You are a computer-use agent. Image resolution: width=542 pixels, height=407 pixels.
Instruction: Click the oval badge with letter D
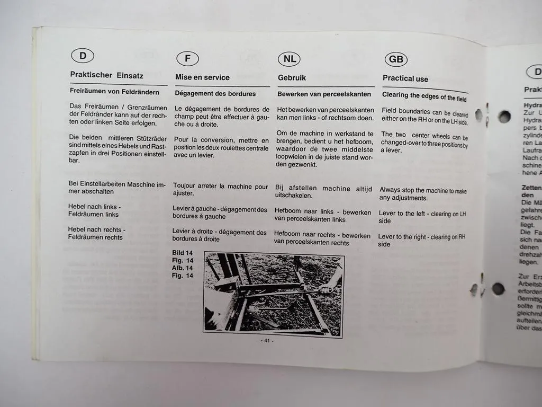point(82,56)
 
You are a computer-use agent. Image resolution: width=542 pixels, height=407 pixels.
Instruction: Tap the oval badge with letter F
point(187,58)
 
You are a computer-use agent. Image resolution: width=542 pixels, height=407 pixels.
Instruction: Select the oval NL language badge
point(289,59)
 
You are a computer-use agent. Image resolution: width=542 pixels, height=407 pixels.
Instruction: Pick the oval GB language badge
point(395,59)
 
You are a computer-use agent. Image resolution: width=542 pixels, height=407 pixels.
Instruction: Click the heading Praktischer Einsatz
point(106,75)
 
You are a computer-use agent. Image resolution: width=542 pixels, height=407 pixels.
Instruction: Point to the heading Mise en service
point(202,77)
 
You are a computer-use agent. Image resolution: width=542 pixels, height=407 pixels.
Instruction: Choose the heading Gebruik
point(292,78)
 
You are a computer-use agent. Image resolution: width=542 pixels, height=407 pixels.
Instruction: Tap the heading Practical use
point(405,78)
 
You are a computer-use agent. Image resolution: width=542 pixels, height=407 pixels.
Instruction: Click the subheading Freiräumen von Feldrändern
point(114,92)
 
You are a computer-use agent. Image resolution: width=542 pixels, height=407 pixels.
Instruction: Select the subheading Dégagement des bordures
point(215,94)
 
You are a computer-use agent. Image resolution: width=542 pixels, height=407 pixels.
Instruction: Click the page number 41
point(267,341)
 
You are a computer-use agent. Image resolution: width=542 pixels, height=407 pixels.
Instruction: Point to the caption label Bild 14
point(182,253)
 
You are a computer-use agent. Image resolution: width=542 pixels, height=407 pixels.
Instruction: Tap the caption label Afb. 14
point(182,268)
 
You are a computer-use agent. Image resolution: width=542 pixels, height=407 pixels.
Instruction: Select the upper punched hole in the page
point(504,117)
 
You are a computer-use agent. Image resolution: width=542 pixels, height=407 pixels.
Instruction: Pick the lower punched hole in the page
point(498,289)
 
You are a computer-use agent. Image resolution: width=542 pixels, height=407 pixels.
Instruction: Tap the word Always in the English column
point(390,190)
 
